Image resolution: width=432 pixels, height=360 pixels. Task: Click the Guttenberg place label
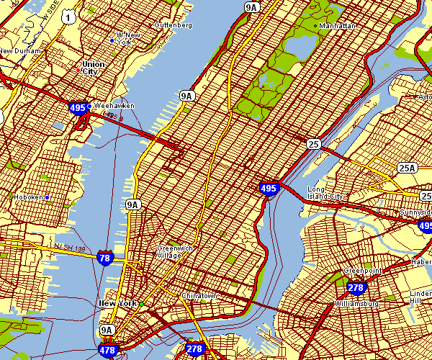coord(174,25)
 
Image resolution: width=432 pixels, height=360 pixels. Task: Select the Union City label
coord(94,68)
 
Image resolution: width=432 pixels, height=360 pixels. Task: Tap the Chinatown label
coord(199,296)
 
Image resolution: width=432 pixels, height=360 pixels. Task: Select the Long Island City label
coord(326,194)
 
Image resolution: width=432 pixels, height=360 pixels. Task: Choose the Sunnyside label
coord(415,214)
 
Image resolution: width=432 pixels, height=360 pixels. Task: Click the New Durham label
coord(18,51)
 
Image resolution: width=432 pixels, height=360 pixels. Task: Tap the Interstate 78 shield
coord(106,258)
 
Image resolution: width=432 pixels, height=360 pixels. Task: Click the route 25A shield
coord(408,168)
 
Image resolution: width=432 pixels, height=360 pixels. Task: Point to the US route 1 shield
coord(67,16)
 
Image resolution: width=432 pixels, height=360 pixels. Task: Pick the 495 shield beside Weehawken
coord(78,108)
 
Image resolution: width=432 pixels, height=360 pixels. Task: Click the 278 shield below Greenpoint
coord(356,288)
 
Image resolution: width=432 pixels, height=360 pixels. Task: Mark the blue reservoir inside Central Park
coord(298,45)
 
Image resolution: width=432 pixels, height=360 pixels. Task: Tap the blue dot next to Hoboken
coord(47,197)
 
